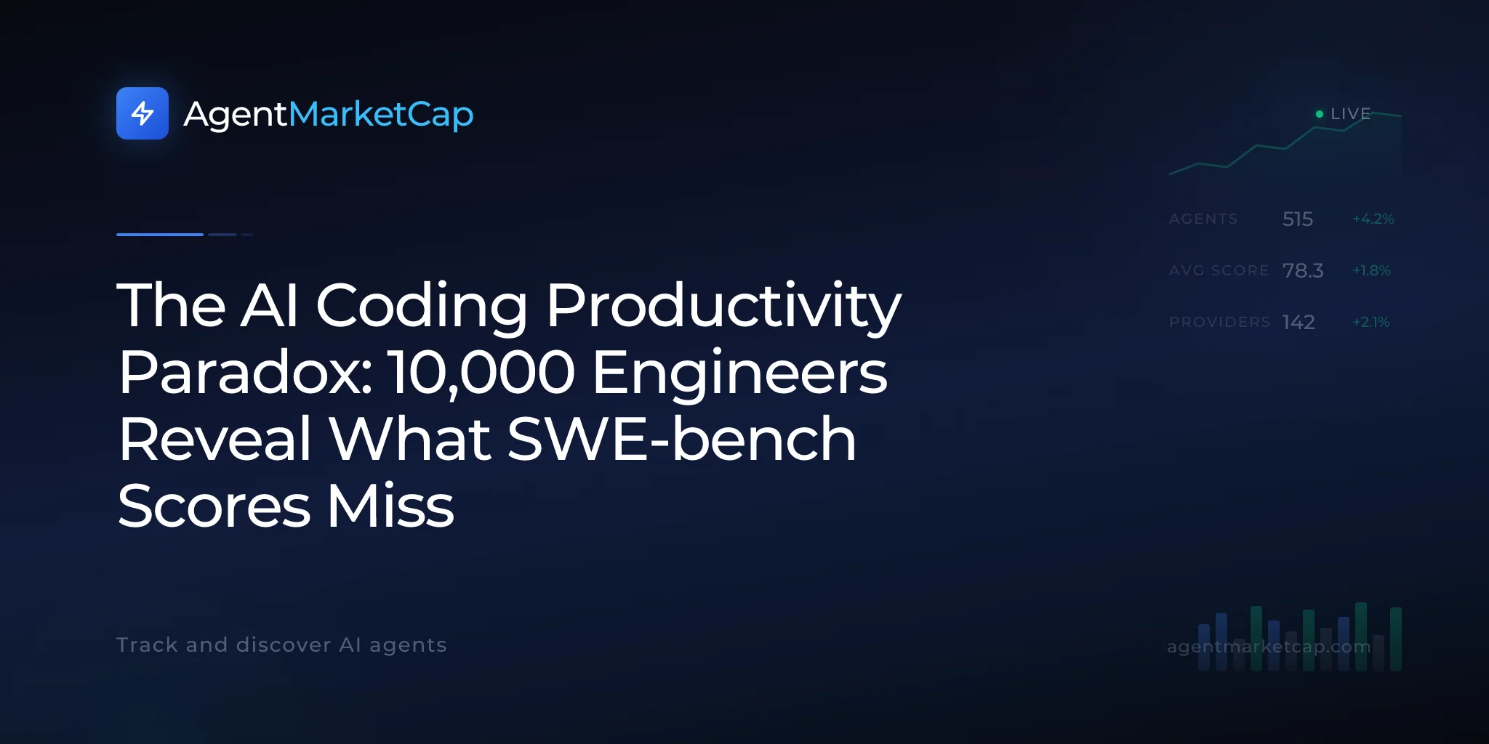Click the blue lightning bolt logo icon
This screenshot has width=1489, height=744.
[x=143, y=113]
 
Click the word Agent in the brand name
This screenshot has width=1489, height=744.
[x=236, y=115]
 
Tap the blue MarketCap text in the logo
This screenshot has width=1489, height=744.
[x=381, y=115]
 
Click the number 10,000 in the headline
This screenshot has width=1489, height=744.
[x=481, y=373]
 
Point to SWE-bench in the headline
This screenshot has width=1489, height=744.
[x=681, y=439]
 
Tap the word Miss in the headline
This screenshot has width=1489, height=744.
[x=390, y=506]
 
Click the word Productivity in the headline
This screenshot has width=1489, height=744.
[x=723, y=307]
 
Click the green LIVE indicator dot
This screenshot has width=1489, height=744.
[x=1320, y=114]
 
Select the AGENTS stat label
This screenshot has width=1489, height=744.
[x=1203, y=219]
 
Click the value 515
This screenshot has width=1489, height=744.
[x=1298, y=219]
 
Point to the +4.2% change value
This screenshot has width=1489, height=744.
[x=1373, y=219]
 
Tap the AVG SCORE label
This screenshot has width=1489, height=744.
[x=1219, y=270]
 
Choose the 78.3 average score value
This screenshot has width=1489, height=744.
[x=1303, y=270]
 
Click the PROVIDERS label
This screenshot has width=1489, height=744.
[x=1220, y=322]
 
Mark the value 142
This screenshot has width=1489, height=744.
[x=1299, y=322]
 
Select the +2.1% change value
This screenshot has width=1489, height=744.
[x=1371, y=322]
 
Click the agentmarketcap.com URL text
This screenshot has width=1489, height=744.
[x=1269, y=647]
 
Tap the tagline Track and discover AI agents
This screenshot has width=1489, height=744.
[x=281, y=645]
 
